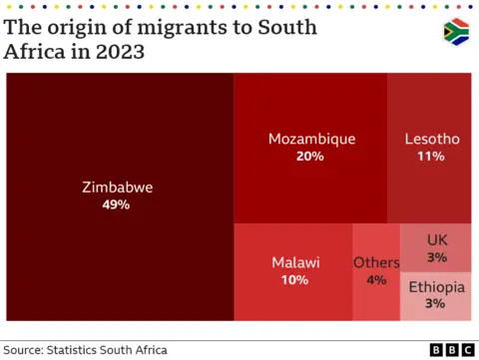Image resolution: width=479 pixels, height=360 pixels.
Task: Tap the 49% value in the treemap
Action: [117, 204]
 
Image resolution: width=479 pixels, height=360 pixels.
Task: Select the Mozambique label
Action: [311, 139]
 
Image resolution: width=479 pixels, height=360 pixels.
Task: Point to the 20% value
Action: [310, 157]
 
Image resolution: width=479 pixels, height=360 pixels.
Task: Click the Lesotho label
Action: [431, 139]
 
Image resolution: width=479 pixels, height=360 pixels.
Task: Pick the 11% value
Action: [431, 157]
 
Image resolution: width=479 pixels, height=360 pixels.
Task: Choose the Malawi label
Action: [295, 262]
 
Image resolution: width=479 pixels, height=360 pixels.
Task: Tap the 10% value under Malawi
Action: [295, 280]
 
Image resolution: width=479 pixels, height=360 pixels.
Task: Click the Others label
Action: [376, 262]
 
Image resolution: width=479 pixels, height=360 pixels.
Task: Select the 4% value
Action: [376, 280]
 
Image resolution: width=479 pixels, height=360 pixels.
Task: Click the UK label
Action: [437, 239]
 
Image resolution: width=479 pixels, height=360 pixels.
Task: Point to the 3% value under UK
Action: [437, 257]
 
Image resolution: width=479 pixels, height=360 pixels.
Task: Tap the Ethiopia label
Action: [436, 286]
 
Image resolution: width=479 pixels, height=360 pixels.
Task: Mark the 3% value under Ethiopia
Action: [436, 303]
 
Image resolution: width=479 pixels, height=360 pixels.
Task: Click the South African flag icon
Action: [456, 32]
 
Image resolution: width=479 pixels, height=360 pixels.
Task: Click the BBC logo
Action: [452, 349]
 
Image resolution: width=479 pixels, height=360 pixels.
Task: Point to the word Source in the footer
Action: [26, 349]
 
